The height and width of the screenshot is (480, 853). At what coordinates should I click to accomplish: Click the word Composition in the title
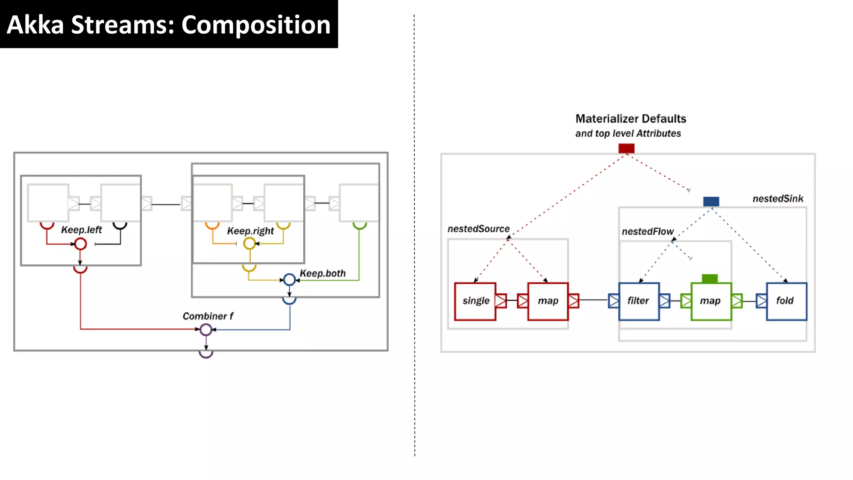[x=256, y=25]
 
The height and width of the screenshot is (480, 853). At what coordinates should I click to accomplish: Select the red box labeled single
[x=475, y=301]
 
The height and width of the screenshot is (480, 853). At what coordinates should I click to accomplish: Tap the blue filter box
[x=639, y=301]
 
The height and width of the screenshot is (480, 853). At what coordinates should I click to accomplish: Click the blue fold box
[x=786, y=301]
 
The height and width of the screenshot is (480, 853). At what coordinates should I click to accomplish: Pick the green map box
[x=711, y=301]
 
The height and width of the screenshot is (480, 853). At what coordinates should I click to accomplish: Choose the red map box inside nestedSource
[x=548, y=301]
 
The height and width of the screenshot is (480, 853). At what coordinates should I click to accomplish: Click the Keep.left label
[x=81, y=230]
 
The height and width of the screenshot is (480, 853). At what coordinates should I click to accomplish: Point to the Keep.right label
[x=250, y=231]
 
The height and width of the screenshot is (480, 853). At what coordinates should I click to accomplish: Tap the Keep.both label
[x=323, y=273]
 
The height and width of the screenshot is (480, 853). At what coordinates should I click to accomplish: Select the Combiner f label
[x=208, y=316]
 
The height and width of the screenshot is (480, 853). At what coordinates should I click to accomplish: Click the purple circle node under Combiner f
[x=206, y=330]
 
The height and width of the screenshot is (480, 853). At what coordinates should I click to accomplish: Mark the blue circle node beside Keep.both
[x=289, y=280]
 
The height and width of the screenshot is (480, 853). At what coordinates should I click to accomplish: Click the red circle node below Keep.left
[x=81, y=244]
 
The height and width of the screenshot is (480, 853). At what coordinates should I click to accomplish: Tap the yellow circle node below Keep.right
[x=249, y=243]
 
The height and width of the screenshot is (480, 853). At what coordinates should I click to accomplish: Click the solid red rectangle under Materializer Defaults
[x=626, y=148]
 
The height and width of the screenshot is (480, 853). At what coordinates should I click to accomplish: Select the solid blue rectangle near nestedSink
[x=711, y=202]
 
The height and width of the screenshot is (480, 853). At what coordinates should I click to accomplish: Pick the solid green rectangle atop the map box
[x=710, y=278]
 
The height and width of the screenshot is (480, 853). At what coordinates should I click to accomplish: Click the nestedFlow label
[x=648, y=232]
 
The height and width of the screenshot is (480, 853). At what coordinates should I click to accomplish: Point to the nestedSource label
[x=479, y=229]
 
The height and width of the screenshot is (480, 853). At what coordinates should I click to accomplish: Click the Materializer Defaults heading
[x=631, y=119]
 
